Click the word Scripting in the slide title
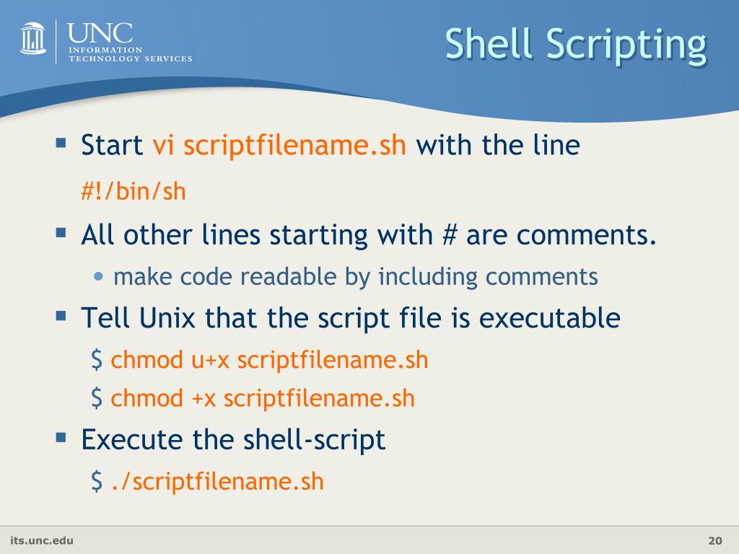pyautogui.click(x=625, y=45)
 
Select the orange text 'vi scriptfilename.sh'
pyautogui.click(x=279, y=146)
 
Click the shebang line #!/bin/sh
pyautogui.click(x=133, y=191)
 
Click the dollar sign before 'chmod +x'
pyautogui.click(x=97, y=397)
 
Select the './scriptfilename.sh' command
pyautogui.click(x=217, y=481)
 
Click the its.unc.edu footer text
pyautogui.click(x=41, y=540)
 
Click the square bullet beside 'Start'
pyautogui.click(x=61, y=143)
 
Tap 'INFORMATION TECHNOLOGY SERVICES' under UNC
pyautogui.click(x=130, y=54)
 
